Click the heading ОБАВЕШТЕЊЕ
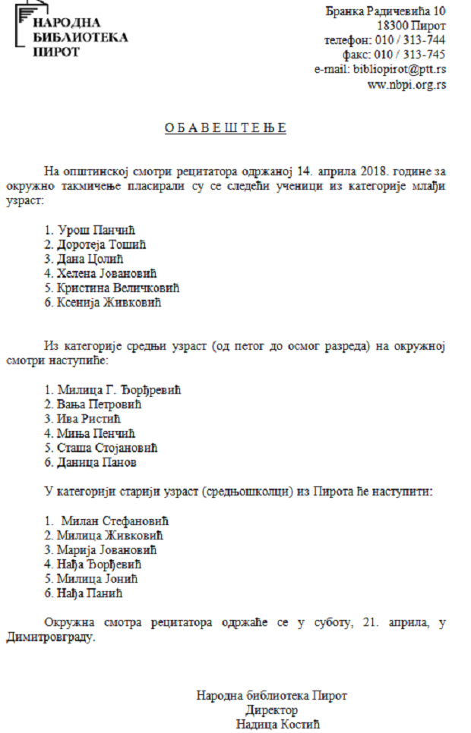226,127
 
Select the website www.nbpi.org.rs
406,84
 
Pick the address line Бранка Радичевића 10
385,11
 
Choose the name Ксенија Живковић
109,302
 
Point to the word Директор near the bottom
271,709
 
